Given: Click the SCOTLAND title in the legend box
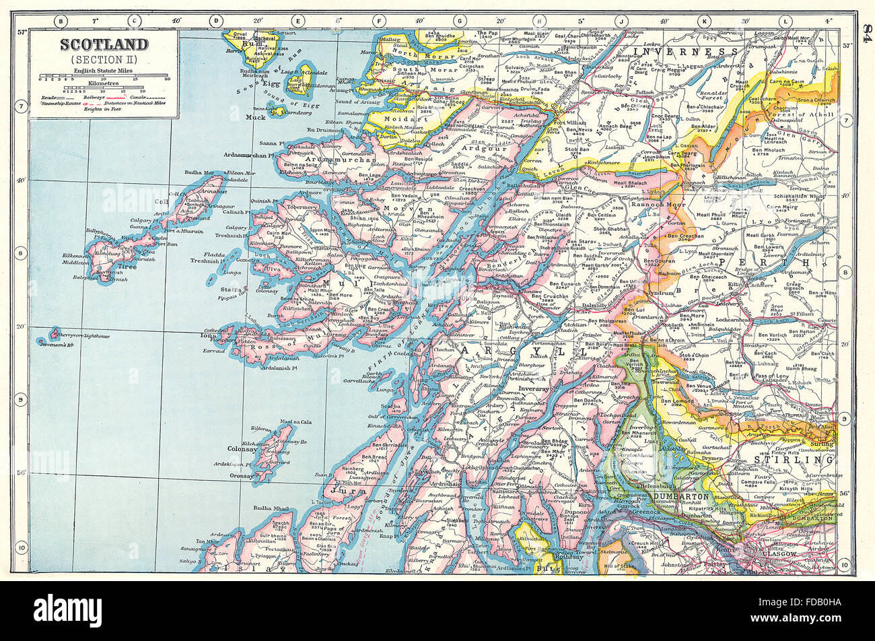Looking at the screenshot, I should [x=104, y=45].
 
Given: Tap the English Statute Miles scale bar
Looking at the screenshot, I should [x=104, y=76].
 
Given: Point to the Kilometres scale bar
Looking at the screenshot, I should [x=104, y=88].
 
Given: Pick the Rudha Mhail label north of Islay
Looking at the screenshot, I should [x=273, y=508].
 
